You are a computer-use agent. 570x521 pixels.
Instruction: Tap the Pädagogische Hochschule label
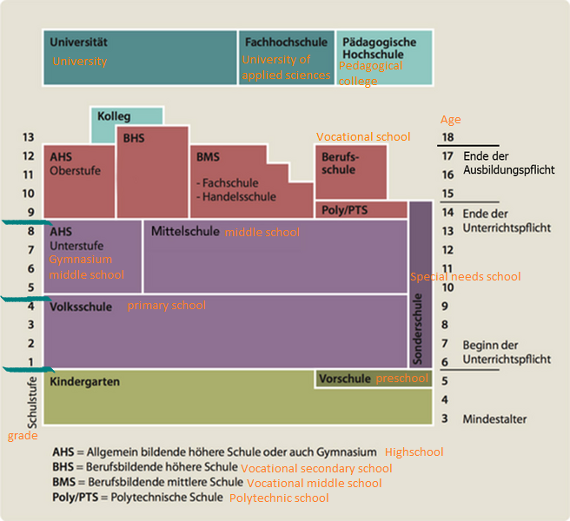click(379, 48)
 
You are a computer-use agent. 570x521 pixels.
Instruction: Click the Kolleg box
click(114, 116)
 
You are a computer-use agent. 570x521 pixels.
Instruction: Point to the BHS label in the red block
click(135, 137)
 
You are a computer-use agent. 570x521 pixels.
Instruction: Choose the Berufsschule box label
click(339, 163)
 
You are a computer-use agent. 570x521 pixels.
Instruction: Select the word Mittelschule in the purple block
click(185, 232)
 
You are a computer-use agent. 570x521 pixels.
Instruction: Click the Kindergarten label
click(84, 382)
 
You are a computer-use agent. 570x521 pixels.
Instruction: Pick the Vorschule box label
click(345, 379)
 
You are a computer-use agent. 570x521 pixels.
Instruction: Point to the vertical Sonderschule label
click(419, 327)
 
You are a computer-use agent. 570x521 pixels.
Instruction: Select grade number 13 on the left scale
click(28, 137)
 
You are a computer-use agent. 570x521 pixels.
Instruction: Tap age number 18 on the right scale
click(448, 137)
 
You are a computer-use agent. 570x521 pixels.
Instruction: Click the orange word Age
click(450, 120)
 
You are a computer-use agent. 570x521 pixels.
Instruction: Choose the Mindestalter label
click(494, 419)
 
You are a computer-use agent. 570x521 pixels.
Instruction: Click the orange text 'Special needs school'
click(465, 276)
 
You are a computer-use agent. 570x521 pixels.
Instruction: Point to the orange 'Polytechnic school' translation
click(279, 498)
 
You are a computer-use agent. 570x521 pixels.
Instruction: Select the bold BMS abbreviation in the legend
click(64, 483)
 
